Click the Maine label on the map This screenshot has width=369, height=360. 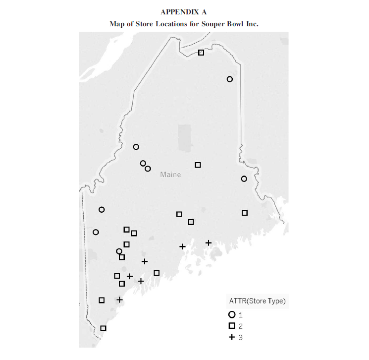coord(170,175)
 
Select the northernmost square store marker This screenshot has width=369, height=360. coord(201,53)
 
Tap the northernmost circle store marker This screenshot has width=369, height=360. coord(229,79)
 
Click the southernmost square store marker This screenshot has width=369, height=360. coord(103,328)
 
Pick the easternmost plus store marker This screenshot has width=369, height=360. coord(209,242)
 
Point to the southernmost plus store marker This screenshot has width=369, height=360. coord(119,300)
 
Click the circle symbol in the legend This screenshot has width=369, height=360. coord(231,314)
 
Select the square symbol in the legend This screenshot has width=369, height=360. coord(231,326)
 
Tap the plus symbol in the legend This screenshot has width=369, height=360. coord(231,337)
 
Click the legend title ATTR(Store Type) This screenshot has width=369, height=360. coord(257,300)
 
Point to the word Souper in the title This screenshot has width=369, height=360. coord(210,23)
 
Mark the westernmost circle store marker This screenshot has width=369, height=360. coord(96,232)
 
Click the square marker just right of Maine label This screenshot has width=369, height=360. coord(198,165)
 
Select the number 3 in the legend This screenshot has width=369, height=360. coord(241,337)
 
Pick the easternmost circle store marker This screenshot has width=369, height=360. coord(244,179)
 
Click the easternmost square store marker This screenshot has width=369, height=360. coord(244,213)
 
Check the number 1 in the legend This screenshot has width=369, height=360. coord(241,314)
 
